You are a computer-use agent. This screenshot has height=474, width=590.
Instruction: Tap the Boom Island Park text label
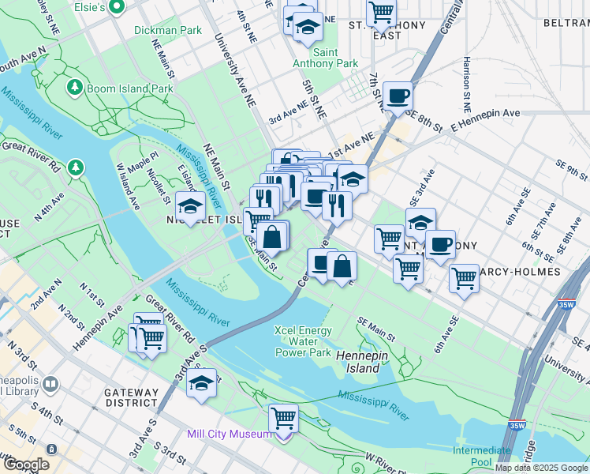pyautogui.click(x=130, y=89)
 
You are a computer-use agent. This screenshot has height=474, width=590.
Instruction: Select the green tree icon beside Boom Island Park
pyautogui.click(x=76, y=86)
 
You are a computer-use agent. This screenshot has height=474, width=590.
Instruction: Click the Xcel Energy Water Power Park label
pyautogui.click(x=303, y=341)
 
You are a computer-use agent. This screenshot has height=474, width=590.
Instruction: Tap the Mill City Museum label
pyautogui.click(x=229, y=434)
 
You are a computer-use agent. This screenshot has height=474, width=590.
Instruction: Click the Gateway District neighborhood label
pyautogui.click(x=130, y=397)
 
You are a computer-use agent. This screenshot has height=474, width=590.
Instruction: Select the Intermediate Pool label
pyautogui.click(x=481, y=456)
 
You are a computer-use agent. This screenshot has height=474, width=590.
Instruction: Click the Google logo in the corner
pyautogui.click(x=26, y=465)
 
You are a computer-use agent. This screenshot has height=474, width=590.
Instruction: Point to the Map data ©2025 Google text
pyautogui.click(x=541, y=468)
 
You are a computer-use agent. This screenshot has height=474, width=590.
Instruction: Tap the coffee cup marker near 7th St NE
pyautogui.click(x=398, y=96)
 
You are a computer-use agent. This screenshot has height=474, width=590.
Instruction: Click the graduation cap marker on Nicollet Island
pyautogui.click(x=189, y=207)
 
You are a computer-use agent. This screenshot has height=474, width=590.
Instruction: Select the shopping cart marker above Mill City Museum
pyautogui.click(x=283, y=417)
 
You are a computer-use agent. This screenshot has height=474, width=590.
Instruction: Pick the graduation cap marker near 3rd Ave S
pyautogui.click(x=202, y=383)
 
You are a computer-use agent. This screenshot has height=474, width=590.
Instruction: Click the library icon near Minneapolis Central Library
pyautogui.click(x=50, y=385)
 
